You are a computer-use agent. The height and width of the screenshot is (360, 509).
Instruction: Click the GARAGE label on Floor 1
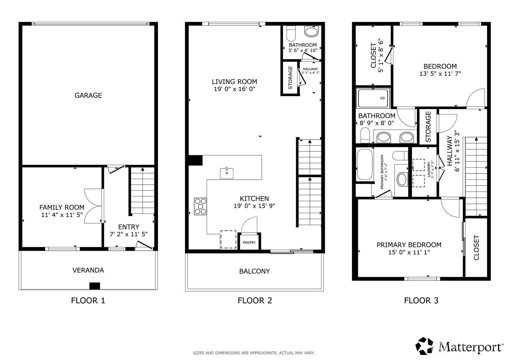88,95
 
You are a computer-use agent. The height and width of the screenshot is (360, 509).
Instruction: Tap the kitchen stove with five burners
201,206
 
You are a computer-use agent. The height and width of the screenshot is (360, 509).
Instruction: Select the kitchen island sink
227,173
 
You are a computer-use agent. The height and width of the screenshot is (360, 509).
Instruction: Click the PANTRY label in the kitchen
249,242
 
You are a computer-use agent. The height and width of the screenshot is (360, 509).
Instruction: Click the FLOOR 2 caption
255,300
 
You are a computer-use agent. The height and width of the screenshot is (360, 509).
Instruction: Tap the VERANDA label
88,270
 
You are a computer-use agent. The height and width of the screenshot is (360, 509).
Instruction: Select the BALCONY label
255,271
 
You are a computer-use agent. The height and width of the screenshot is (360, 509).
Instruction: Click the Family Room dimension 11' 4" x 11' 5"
62,215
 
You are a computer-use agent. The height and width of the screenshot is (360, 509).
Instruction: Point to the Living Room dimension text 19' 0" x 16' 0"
235,89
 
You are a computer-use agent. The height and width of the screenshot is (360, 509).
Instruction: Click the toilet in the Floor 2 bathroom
291,33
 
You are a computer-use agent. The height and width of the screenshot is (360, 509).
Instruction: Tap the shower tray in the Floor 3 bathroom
373,98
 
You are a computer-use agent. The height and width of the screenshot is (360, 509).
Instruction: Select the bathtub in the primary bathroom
365,164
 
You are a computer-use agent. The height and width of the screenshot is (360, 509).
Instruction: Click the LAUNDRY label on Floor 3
429,169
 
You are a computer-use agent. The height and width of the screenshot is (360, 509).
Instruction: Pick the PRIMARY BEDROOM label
409,245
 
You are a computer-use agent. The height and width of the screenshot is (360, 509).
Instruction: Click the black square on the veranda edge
95,286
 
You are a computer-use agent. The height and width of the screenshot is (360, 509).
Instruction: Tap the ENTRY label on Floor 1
129,227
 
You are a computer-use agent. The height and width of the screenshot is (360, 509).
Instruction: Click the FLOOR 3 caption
421,300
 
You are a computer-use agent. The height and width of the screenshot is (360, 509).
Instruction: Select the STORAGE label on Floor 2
290,78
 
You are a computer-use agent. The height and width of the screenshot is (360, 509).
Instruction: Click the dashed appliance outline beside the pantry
228,239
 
